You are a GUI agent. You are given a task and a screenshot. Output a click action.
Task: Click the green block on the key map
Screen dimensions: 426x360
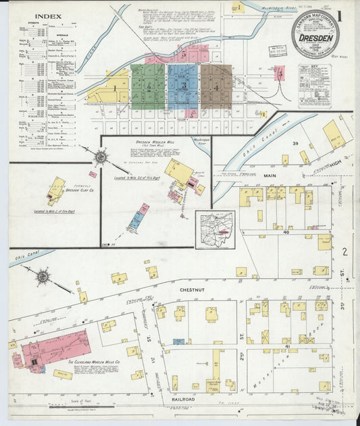pos(148,86)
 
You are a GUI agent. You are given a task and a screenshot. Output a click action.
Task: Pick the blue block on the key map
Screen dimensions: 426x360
pos(182,86)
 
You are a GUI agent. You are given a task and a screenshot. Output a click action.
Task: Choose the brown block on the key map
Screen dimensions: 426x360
pos(216,86)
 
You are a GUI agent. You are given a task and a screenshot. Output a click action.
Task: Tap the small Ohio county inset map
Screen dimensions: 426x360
pos(215,230)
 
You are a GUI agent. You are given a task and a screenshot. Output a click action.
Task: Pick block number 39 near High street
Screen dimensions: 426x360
pos(295,144)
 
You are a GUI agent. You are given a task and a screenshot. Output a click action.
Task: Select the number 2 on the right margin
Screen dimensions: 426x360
pos(345,252)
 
